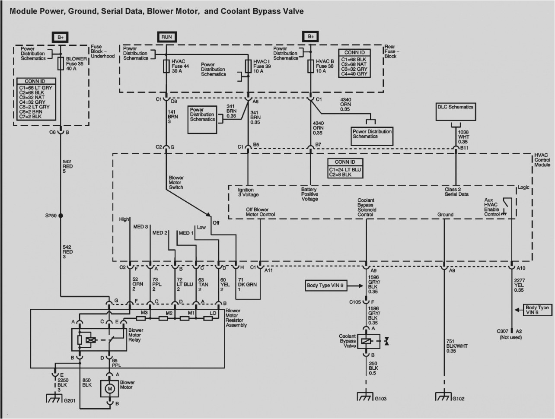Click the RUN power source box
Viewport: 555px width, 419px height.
pyautogui.click(x=166, y=37)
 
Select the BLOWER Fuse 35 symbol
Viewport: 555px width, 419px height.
pyautogui.click(x=61, y=63)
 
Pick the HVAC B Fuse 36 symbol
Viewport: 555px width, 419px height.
pyautogui.click(x=310, y=67)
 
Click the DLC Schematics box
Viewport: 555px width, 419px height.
pyautogui.click(x=456, y=111)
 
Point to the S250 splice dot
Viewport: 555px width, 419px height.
pyautogui.click(x=61, y=215)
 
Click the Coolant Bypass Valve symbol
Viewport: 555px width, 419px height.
pyautogui.click(x=367, y=341)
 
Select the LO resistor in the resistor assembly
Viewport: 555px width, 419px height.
pyautogui.click(x=207, y=319)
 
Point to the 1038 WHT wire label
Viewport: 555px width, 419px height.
pyautogui.click(x=463, y=137)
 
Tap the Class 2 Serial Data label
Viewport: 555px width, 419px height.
pyautogui.click(x=456, y=192)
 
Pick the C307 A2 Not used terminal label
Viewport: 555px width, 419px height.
pyautogui.click(x=510, y=334)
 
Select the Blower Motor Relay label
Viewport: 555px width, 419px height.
pyautogui.click(x=136, y=335)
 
